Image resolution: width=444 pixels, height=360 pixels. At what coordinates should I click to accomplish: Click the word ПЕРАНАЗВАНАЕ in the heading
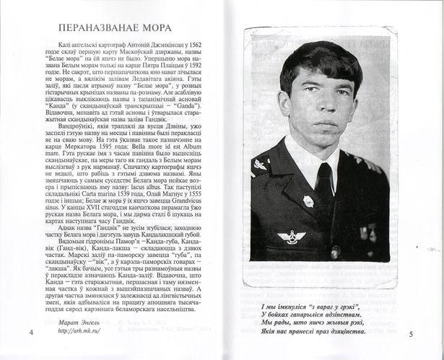103,28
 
